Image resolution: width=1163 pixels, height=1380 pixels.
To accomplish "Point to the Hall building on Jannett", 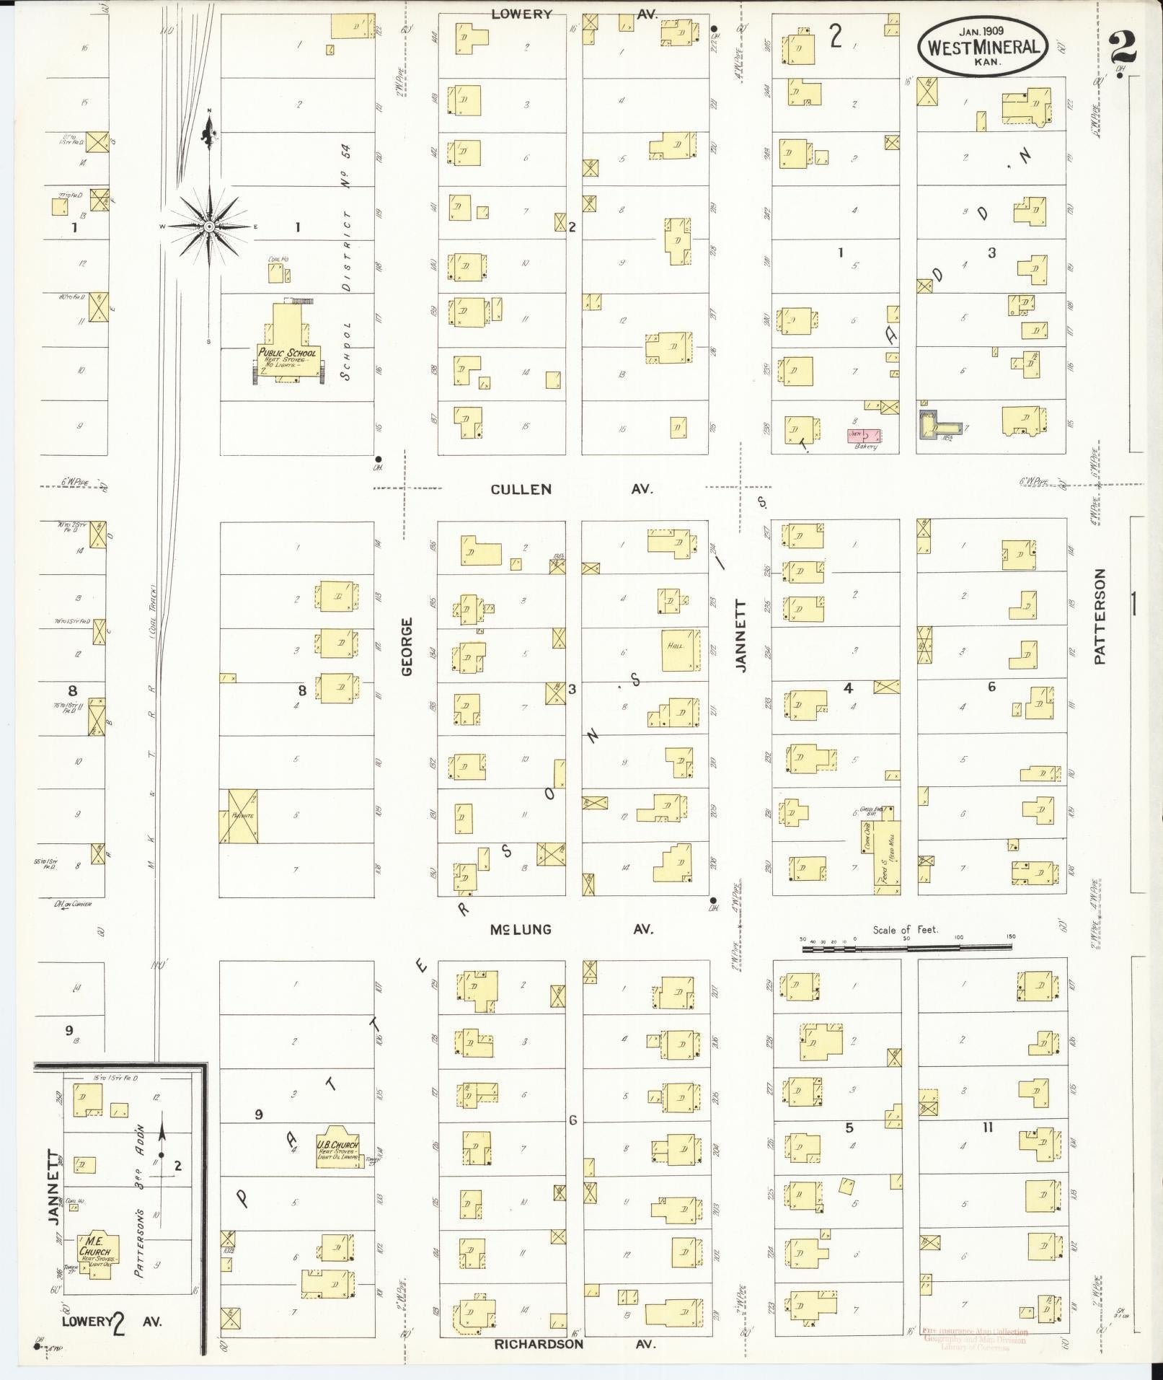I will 679,649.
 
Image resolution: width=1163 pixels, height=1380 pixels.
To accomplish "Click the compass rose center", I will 208,227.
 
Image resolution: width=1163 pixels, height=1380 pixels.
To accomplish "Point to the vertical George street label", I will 407,646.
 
